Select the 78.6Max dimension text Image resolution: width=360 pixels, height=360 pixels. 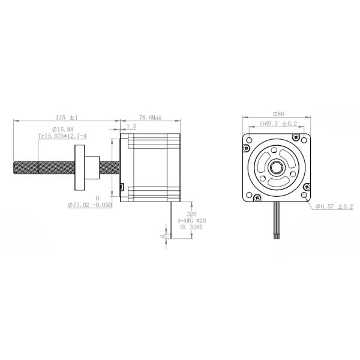[149, 117]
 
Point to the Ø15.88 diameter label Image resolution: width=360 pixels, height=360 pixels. [62, 129]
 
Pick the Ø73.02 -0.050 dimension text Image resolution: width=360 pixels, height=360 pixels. [91, 205]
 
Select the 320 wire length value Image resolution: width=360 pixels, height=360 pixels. [191, 213]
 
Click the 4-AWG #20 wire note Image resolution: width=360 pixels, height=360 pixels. [191, 220]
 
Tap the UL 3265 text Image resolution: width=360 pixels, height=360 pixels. [191, 227]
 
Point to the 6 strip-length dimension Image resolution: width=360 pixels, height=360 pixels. [161, 235]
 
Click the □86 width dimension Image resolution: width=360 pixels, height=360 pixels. [278, 113]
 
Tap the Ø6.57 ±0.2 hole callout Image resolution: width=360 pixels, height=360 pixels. [334, 206]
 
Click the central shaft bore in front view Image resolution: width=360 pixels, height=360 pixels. [278, 166]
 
